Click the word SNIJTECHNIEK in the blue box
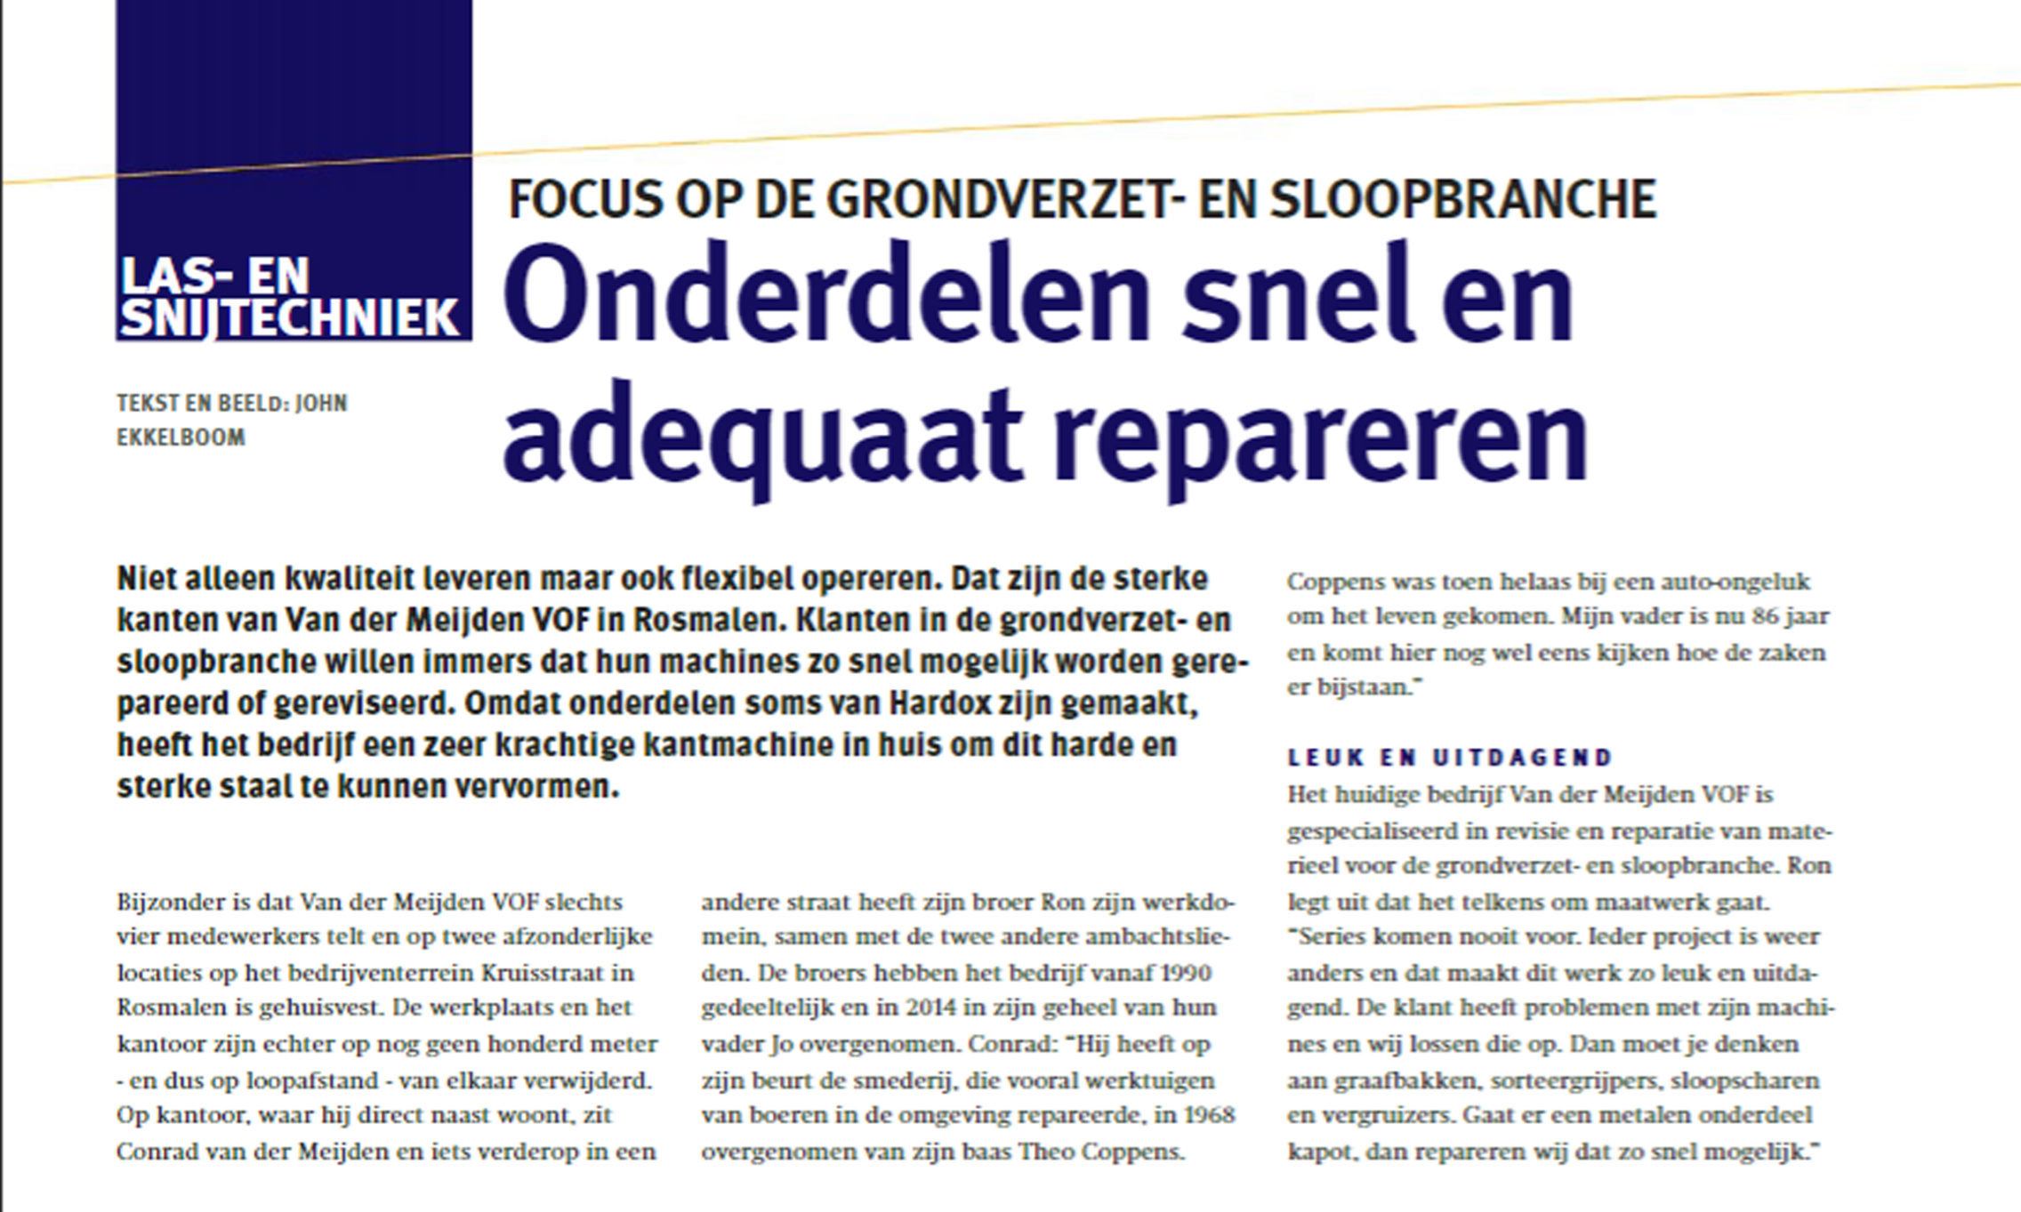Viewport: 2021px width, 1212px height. pos(290,318)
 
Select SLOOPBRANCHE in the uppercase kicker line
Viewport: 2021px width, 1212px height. pos(1462,199)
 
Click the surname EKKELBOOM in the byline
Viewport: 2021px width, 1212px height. pos(181,437)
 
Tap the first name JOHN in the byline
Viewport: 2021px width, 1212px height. pos(321,404)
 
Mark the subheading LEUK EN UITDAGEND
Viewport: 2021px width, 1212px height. pos(1450,758)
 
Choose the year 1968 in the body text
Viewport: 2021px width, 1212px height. pos(1209,1115)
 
